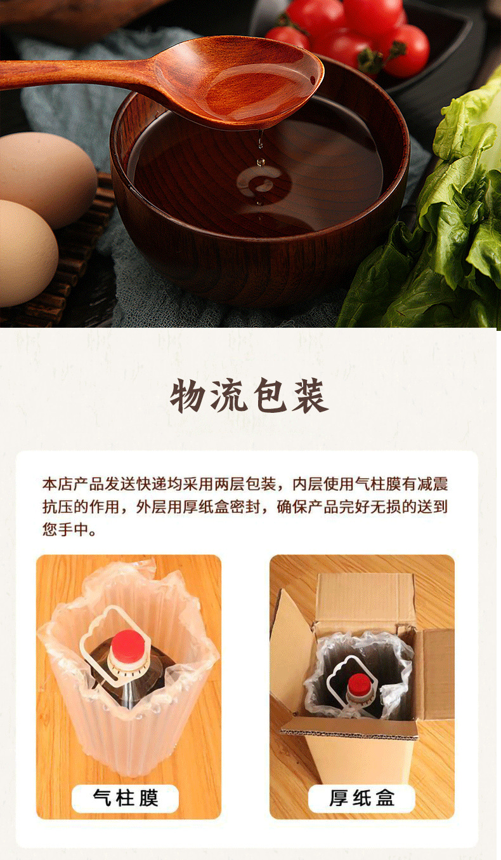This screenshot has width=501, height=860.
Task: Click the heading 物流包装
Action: tap(249, 396)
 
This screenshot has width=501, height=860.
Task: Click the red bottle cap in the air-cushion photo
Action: tap(128, 643)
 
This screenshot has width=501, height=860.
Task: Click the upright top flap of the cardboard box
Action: tap(366, 600)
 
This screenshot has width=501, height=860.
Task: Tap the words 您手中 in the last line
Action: tap(65, 530)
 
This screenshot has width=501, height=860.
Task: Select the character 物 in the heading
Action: tap(188, 396)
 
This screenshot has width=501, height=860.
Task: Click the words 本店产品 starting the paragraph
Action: tap(73, 484)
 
